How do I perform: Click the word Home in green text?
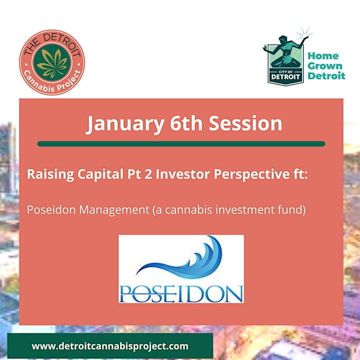323,56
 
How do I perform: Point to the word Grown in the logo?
325,66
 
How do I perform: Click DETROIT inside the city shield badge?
285,76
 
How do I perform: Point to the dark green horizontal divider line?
181,144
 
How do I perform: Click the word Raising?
50,174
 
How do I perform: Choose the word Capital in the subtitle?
100,174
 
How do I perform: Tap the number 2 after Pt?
148,174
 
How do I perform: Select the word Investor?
182,174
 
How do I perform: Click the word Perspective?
251,174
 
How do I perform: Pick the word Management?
114,210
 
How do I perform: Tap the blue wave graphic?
179,256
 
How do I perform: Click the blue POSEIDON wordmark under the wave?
181,293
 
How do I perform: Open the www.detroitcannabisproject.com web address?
110,346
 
